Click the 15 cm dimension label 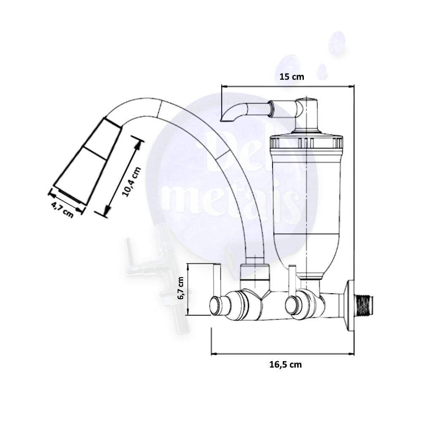(x=292, y=77)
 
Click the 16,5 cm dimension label (x=286, y=365)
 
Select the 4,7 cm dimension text (x=62, y=209)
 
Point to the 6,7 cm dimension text (x=181, y=288)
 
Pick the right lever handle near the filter (x=292, y=281)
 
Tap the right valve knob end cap (x=291, y=306)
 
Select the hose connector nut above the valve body (x=254, y=273)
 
